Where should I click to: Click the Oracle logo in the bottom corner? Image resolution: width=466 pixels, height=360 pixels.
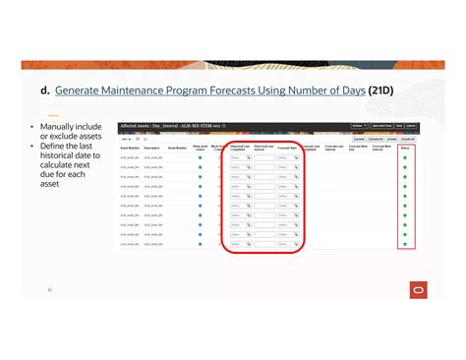419,288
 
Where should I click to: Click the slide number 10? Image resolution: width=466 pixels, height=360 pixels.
50,290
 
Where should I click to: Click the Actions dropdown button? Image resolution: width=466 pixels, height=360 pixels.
360,126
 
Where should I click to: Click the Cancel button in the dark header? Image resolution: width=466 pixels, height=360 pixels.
412,126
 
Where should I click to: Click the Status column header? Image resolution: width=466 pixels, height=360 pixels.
405,147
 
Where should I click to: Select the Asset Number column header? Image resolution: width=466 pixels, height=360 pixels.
130,148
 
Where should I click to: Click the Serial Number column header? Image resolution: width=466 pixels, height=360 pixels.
178,148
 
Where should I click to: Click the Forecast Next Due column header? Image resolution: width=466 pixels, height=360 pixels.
358,148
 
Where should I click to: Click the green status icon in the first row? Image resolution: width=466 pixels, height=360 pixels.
405,157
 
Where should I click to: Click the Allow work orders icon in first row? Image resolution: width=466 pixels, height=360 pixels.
201,157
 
